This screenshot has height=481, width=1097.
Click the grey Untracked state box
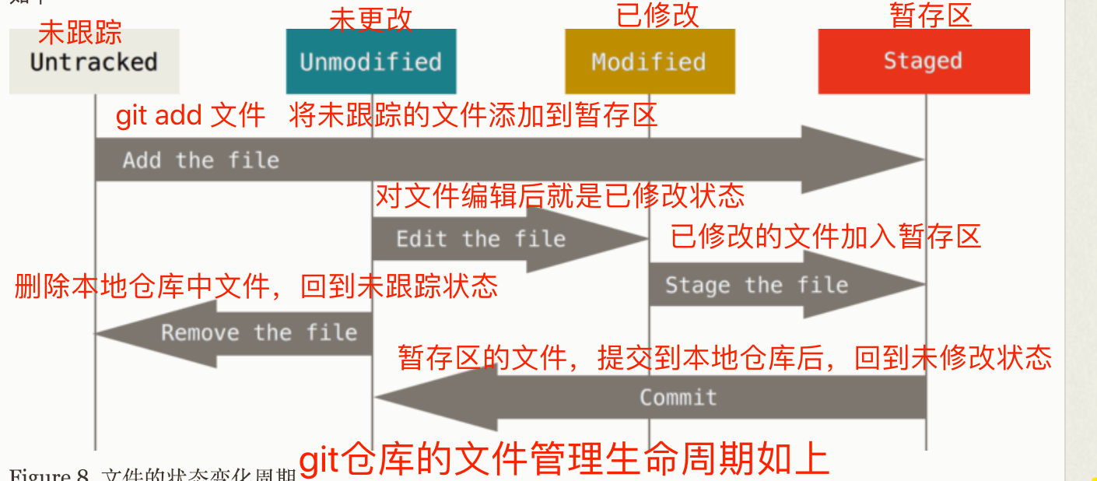click(x=94, y=62)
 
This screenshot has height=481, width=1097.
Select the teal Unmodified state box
click(x=370, y=62)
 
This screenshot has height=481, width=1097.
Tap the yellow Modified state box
click(x=649, y=62)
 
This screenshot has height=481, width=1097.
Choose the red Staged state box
click(x=924, y=61)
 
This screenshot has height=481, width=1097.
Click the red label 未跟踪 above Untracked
click(x=80, y=33)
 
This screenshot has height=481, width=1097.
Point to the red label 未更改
click(x=370, y=19)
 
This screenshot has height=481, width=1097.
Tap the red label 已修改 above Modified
click(x=657, y=15)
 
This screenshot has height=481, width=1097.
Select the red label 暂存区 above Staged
click(x=931, y=15)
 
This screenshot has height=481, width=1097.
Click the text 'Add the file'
click(x=201, y=160)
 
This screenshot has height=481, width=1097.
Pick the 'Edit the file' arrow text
click(x=480, y=238)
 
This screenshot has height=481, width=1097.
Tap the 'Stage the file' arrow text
click(x=755, y=285)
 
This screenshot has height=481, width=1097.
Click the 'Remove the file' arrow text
click(x=259, y=333)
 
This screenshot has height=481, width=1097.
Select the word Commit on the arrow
click(x=678, y=397)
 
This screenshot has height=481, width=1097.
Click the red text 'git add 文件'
click(x=191, y=116)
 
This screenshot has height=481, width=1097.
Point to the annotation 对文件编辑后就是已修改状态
click(x=559, y=195)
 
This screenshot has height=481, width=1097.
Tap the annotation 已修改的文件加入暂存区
click(x=825, y=236)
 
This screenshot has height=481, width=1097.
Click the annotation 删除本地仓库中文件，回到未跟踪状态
click(x=256, y=286)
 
